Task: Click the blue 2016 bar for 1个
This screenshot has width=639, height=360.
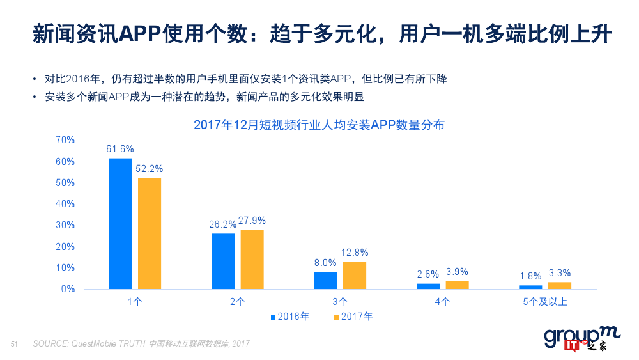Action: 120,224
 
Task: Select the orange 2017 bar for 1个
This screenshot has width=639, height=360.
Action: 150,233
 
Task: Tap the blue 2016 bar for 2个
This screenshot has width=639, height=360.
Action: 223,261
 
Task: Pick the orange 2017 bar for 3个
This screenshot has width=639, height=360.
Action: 355,276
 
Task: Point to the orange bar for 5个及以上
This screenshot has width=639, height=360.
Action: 560,285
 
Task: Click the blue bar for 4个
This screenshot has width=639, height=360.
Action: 428,286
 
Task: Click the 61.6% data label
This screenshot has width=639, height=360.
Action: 120,149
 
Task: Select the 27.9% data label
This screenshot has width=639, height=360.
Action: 252,221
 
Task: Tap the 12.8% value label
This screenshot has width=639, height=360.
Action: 355,253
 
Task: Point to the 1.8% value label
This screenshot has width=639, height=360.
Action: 530,276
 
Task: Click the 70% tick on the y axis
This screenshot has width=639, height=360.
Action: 65,140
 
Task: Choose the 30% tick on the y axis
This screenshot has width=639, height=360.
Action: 65,225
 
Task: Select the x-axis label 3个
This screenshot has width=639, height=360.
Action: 340,301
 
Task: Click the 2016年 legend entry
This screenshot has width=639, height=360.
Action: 291,317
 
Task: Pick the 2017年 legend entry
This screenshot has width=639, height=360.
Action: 353,317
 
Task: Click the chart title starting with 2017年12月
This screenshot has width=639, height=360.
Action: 319,125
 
